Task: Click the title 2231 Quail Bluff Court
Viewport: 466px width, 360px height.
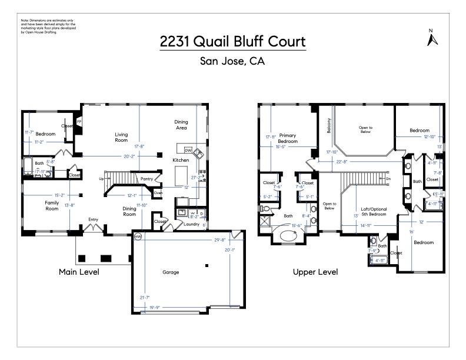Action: pos(232,42)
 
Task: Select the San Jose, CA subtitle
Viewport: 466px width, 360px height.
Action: pos(232,61)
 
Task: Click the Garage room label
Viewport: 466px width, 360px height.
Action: pos(171,272)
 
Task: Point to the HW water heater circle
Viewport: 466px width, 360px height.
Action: pos(138,236)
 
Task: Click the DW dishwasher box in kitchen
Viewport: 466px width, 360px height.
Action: pos(189,150)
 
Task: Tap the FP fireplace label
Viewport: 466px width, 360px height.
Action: pos(79,122)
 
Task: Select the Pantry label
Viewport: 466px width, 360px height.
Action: pos(147,178)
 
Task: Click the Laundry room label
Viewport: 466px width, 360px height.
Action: pos(191,224)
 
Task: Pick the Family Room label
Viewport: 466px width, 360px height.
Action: pos(52,205)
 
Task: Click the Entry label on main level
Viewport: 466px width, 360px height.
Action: pos(93,220)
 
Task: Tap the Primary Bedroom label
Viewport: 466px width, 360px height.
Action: pos(288,138)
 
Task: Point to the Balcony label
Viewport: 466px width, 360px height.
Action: pos(321,125)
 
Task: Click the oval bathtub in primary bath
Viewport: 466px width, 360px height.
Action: pos(289,236)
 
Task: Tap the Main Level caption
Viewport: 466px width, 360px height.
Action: pos(79,272)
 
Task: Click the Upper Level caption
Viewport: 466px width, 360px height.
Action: pos(315,272)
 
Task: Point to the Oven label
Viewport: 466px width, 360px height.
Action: pos(158,193)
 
